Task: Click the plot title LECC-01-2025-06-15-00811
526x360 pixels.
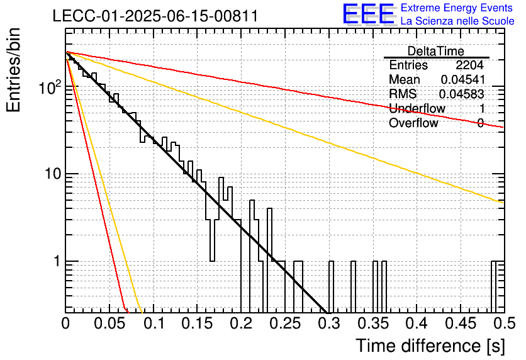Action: click(x=155, y=16)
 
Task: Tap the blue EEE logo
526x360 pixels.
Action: click(x=369, y=14)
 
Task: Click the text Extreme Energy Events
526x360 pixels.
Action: click(x=457, y=8)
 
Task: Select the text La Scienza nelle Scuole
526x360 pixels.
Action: click(x=457, y=21)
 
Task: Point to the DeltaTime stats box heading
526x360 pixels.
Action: click(x=436, y=51)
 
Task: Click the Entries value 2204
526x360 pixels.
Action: click(x=469, y=65)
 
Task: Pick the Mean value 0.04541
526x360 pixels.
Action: click(x=462, y=79)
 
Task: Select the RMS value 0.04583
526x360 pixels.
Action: click(x=462, y=94)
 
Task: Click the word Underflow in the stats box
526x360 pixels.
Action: click(x=417, y=108)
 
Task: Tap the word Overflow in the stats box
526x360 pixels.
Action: click(x=413, y=123)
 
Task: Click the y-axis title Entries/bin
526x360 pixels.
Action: click(x=13, y=70)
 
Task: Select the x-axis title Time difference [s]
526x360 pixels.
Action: click(x=430, y=346)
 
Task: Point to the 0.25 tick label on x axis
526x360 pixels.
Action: click(x=285, y=323)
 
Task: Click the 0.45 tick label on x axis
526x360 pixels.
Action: click(x=461, y=323)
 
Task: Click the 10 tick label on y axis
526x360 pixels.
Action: click(x=53, y=174)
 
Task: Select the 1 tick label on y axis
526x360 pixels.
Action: click(x=57, y=261)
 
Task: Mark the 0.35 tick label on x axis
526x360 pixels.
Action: click(x=372, y=323)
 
